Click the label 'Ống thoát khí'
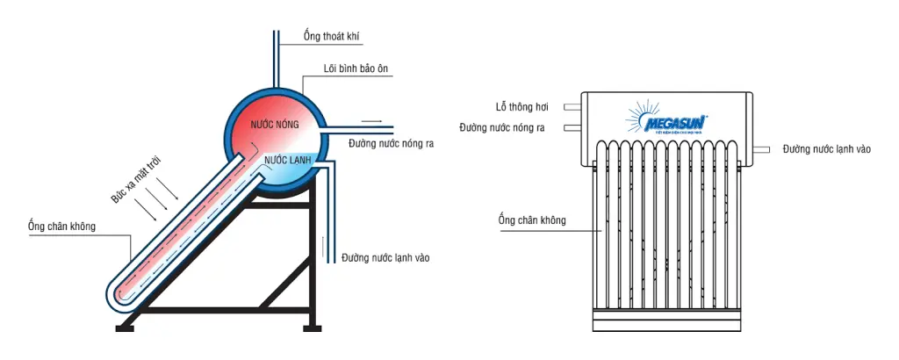331,37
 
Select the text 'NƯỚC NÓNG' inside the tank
275,126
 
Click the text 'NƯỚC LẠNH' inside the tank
288,161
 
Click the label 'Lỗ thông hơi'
521,106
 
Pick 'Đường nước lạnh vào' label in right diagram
826,149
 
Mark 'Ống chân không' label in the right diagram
531,220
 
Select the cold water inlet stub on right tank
762,149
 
